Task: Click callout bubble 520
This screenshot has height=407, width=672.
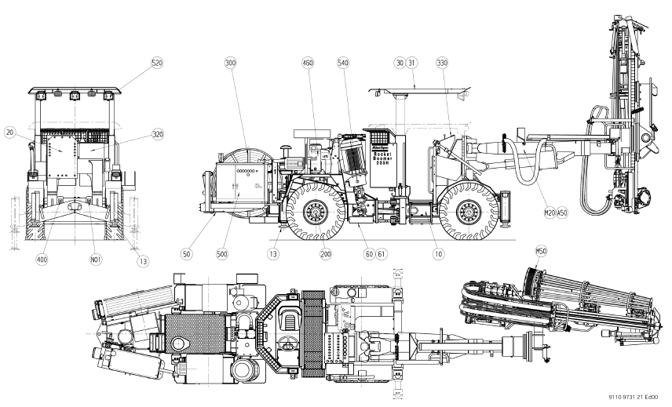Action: [x=156, y=62]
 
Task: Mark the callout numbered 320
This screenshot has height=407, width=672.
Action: [x=158, y=134]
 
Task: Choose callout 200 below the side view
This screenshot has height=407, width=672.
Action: [x=326, y=253]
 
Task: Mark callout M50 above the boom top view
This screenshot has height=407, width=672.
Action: [x=540, y=250]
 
